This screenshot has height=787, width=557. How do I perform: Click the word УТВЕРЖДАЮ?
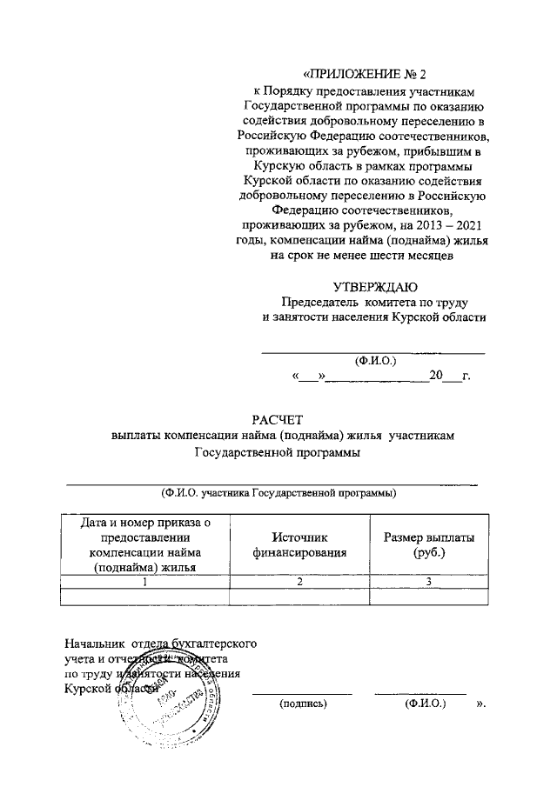[375, 286]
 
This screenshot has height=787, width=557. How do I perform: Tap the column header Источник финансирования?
[299, 544]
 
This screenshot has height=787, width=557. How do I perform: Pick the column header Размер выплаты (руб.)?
[429, 544]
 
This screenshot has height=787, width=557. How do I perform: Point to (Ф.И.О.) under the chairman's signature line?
[372, 360]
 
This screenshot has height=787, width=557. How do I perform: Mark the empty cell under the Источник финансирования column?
[299, 597]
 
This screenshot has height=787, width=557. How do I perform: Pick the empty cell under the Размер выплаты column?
[429, 597]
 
